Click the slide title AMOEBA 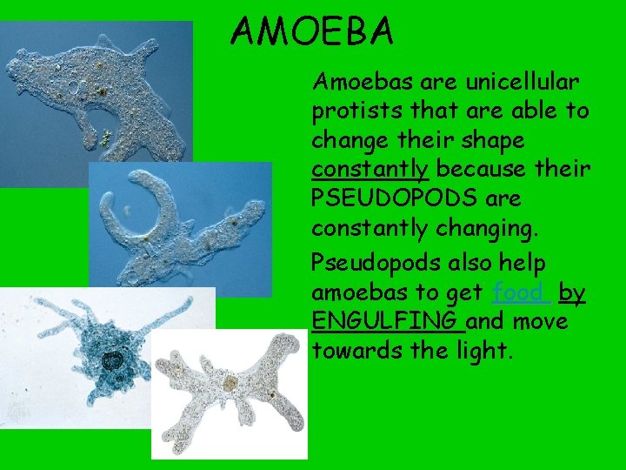coord(312,32)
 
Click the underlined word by coord(572,293)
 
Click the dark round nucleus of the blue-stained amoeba coord(112,359)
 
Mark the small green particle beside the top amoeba coord(106,136)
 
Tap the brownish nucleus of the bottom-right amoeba coord(230,381)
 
